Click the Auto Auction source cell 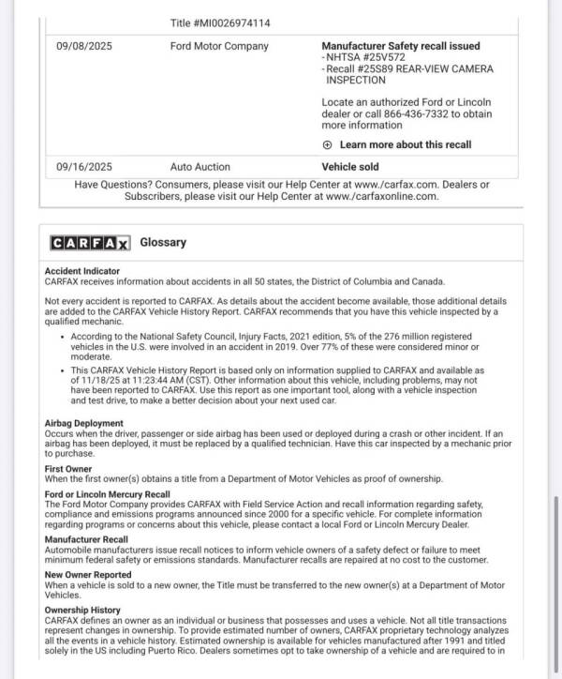200,166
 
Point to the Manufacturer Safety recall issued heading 401,45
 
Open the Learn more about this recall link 405,144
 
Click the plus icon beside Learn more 327,144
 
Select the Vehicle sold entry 352,166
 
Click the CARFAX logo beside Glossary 90,243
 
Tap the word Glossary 163,242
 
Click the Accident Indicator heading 83,270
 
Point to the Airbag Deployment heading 84,423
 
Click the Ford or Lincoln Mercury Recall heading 107,493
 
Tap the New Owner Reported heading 88,574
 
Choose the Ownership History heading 82,610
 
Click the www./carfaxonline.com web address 381,196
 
